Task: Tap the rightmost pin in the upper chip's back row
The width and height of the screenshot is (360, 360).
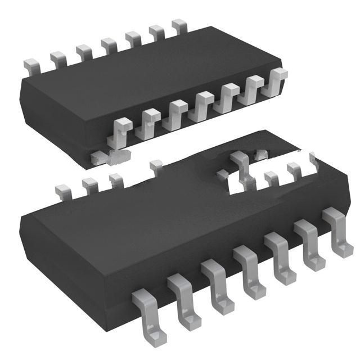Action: click(x=179, y=25)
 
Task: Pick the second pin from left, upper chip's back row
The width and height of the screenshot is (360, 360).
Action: click(x=58, y=57)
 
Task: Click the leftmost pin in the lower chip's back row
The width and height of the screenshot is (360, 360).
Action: click(x=62, y=190)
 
